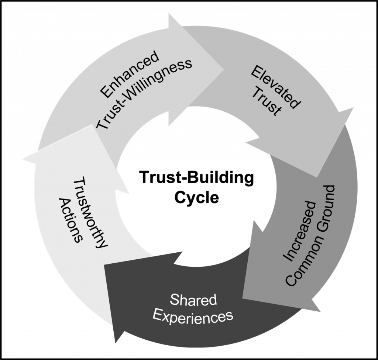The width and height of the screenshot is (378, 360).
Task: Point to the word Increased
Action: point(299,232)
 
